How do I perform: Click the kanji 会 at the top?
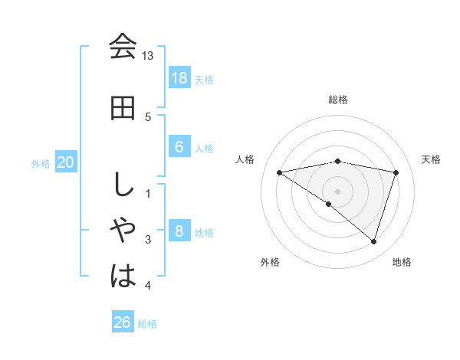coord(123,47)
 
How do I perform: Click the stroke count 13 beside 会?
coord(148,56)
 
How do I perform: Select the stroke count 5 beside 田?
coord(148,116)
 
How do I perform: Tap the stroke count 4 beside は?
coord(148,286)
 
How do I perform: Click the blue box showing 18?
coord(179,78)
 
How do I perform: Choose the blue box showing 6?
coord(179,146)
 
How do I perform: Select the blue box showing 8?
coord(179,231)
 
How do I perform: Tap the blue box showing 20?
coord(66,162)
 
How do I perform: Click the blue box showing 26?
coord(122,322)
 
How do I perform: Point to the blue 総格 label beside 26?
coord(147,324)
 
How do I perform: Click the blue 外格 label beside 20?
coord(41,163)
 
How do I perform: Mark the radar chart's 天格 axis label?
coord(431,159)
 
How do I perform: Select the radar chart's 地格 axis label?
coord(401,262)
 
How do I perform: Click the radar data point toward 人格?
coord(279,172)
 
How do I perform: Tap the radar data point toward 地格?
coord(373,241)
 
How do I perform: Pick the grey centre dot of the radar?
coord(337,190)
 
